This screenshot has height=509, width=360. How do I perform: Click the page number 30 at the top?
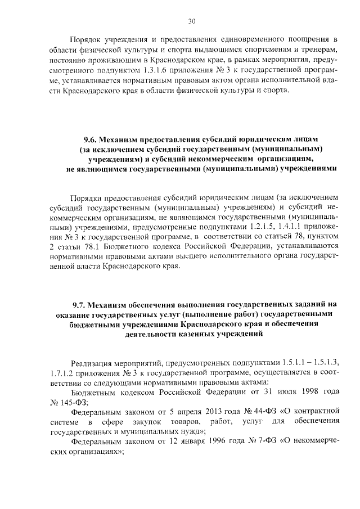191,21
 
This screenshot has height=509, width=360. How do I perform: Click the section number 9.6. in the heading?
92,138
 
